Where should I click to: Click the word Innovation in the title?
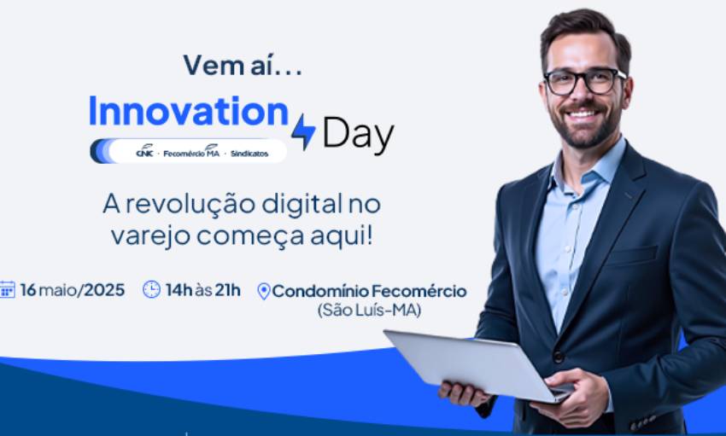point(189,112)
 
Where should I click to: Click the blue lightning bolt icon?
point(303,131)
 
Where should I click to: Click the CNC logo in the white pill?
point(145,152)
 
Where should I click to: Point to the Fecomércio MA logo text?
point(191,152)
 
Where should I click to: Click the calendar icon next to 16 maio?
point(8,289)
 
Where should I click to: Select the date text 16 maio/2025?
point(73,289)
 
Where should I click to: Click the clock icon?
point(151,289)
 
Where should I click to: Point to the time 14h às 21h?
point(203,289)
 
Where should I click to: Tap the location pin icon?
point(263,291)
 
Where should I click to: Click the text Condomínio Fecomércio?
point(369,290)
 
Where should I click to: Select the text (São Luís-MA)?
point(369,310)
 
